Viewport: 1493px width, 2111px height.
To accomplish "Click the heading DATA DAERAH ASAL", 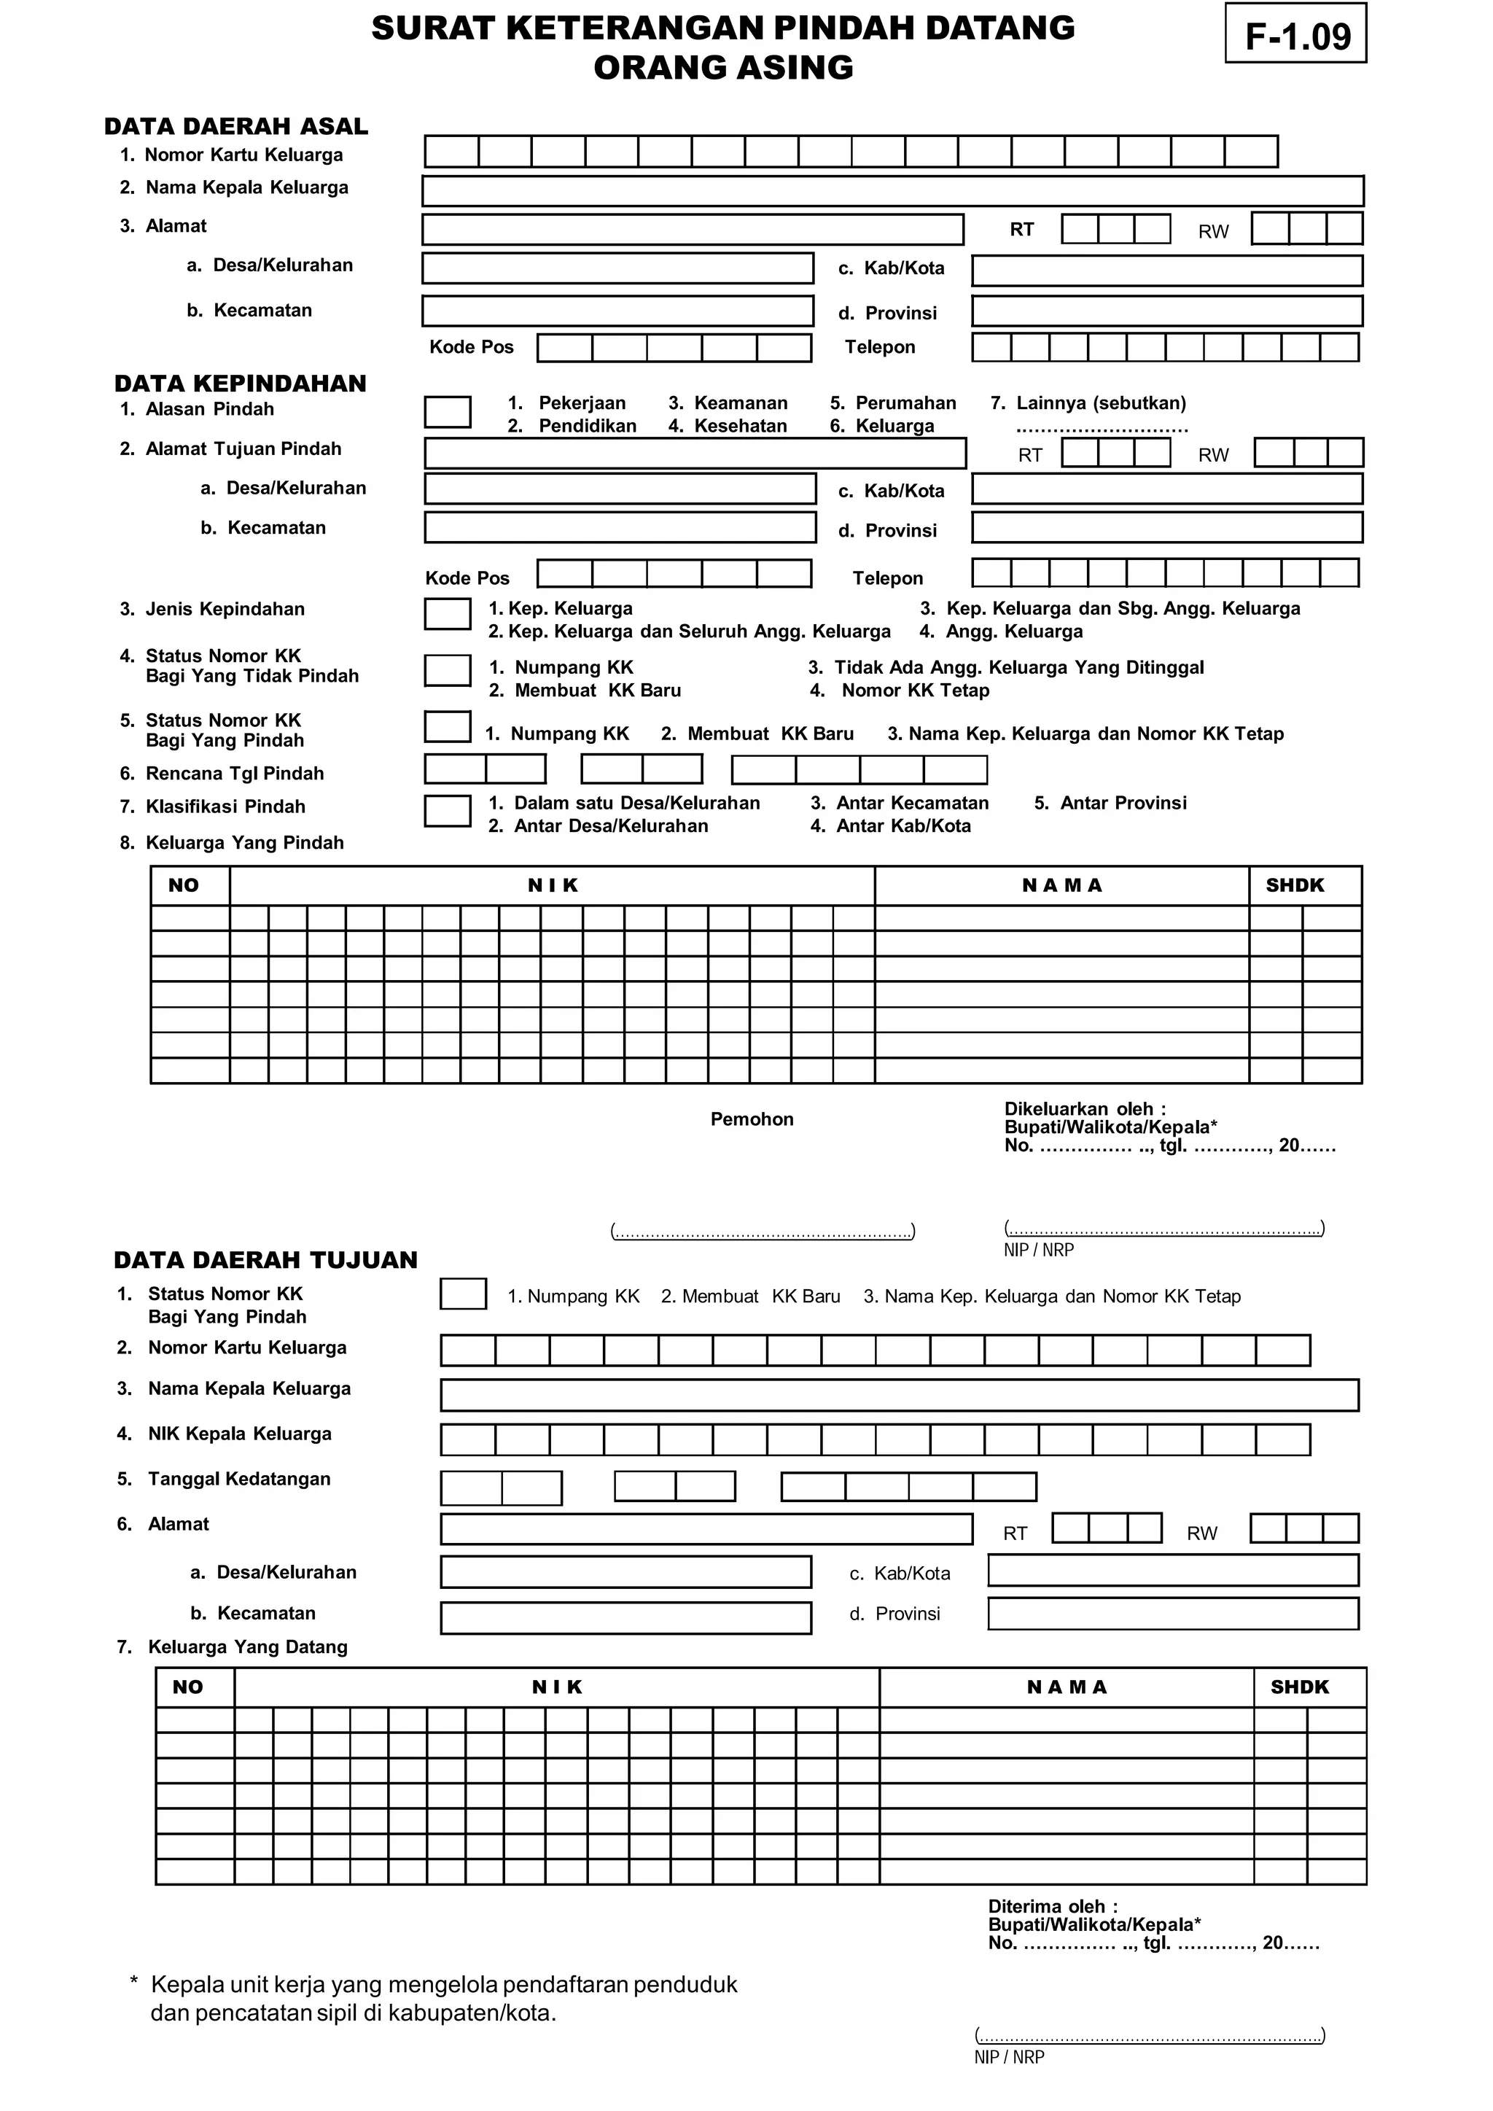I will (235, 126).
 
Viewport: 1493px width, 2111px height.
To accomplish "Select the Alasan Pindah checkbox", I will (447, 412).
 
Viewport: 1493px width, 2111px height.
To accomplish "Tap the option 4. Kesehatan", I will (728, 426).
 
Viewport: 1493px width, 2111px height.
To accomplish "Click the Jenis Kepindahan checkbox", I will (447, 614).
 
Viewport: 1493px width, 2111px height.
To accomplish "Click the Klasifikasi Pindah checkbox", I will (447, 811).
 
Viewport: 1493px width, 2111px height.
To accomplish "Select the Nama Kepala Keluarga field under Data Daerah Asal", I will (892, 191).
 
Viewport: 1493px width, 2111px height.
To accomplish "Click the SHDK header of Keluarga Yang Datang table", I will (1299, 1687).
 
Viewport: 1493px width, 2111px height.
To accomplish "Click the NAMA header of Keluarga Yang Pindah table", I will (1062, 885).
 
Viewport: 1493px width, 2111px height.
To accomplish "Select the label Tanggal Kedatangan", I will (238, 1479).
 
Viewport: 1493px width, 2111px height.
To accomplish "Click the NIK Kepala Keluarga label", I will (239, 1434).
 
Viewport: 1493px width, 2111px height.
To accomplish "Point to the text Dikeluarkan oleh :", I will (1085, 1109).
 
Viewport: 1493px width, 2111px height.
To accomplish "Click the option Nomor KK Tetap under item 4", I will (915, 691).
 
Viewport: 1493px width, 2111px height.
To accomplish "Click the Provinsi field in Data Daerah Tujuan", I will (1173, 1614).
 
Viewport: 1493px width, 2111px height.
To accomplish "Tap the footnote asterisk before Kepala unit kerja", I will (134, 1981).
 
